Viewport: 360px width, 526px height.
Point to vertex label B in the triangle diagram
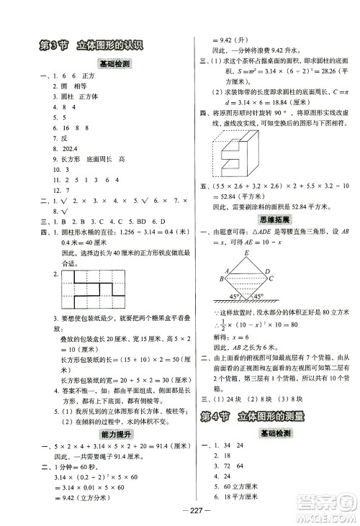[222, 278]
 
